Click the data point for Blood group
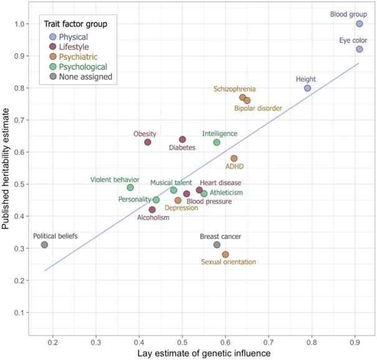coord(360,24)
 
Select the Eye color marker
coord(360,49)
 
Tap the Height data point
coord(307,88)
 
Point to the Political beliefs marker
coord(44,245)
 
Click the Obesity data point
coord(148,142)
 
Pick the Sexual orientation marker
coord(226,255)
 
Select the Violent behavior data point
coord(130,187)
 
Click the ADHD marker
coord(234,158)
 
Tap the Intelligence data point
coord(217,142)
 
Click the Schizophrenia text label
coord(234,89)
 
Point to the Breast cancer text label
coord(221,236)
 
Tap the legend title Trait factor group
coord(76,24)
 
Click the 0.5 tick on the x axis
coord(182,343)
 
